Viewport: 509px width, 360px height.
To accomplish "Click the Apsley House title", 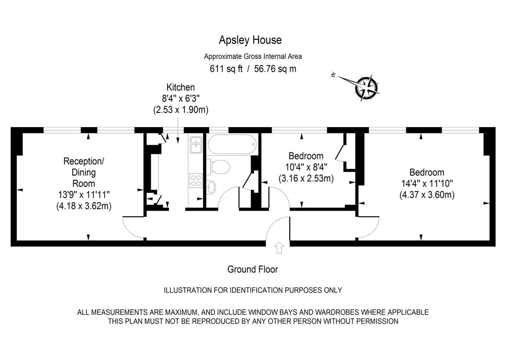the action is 250,40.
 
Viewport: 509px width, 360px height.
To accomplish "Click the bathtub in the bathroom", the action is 232,144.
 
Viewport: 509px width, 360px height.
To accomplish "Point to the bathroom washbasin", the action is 211,187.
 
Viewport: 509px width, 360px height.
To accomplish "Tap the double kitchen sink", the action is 196,145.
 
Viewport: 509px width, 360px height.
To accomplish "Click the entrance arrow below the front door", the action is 279,248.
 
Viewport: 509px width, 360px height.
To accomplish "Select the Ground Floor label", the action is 253,269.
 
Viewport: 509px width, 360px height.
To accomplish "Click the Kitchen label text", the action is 181,87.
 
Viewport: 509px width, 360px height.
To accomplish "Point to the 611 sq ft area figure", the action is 226,69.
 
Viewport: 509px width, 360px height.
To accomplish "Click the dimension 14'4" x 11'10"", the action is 427,184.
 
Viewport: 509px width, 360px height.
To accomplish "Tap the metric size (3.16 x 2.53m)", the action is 306,178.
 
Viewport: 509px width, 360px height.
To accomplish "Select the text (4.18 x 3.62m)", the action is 84,206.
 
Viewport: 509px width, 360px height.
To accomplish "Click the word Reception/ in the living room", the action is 84,161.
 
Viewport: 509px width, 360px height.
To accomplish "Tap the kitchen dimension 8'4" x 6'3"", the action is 181,99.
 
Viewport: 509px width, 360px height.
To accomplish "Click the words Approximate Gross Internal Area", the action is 253,56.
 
